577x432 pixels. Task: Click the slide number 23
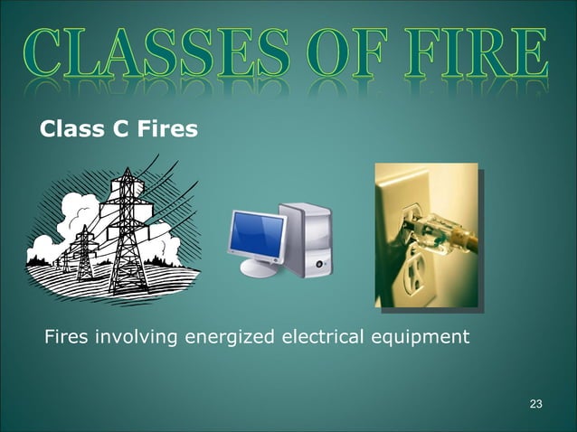(535, 402)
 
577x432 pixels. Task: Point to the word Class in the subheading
(72, 130)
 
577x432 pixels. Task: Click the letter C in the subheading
(119, 130)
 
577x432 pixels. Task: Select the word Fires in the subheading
(166, 130)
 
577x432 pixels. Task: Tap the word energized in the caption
(229, 338)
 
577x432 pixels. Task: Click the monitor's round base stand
(259, 269)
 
